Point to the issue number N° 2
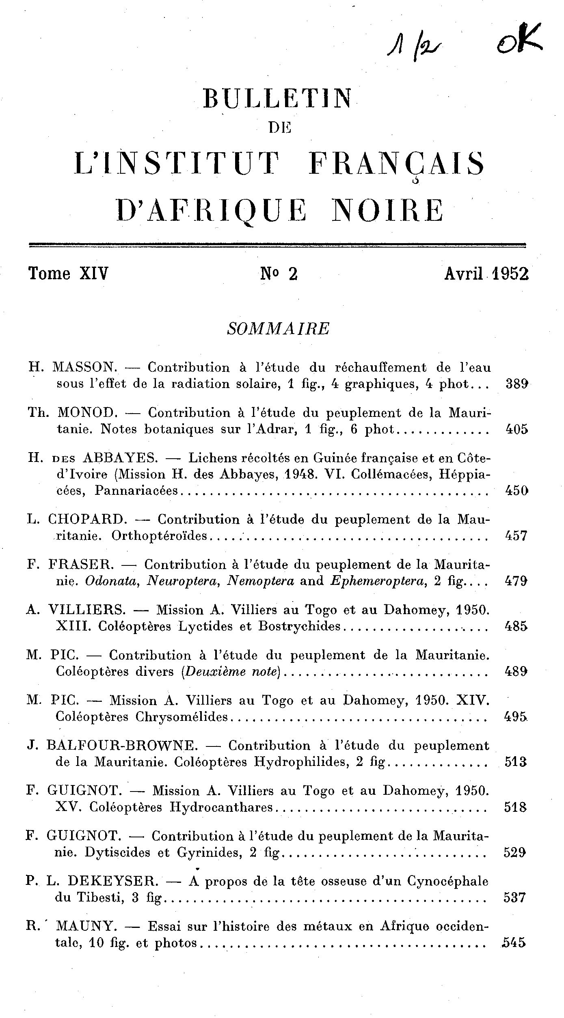[x=279, y=274]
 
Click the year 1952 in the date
[x=510, y=274]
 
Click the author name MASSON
[x=84, y=367]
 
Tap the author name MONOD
[x=88, y=413]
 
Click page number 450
[x=516, y=491]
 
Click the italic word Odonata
[x=112, y=581]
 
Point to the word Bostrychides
[x=300, y=627]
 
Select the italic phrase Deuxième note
[x=231, y=672]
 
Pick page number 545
[x=514, y=943]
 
